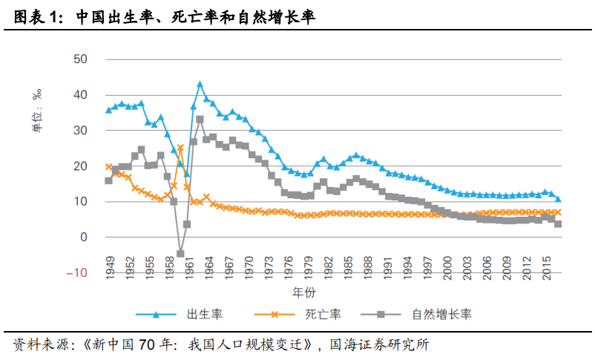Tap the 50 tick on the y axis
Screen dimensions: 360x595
coord(80,59)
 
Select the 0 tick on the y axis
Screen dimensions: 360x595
coord(84,238)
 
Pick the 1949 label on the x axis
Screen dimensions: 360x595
coord(109,264)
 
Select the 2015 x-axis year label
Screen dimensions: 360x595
coord(545,264)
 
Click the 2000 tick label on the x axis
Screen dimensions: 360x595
coord(447,264)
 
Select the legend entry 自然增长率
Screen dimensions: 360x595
coord(441,314)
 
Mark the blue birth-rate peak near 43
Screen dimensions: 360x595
coord(200,85)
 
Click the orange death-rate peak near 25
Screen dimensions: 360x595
coord(180,148)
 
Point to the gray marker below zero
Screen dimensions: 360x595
coord(180,254)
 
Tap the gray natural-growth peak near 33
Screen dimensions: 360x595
coord(200,120)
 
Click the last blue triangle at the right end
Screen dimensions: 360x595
coord(558,199)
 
